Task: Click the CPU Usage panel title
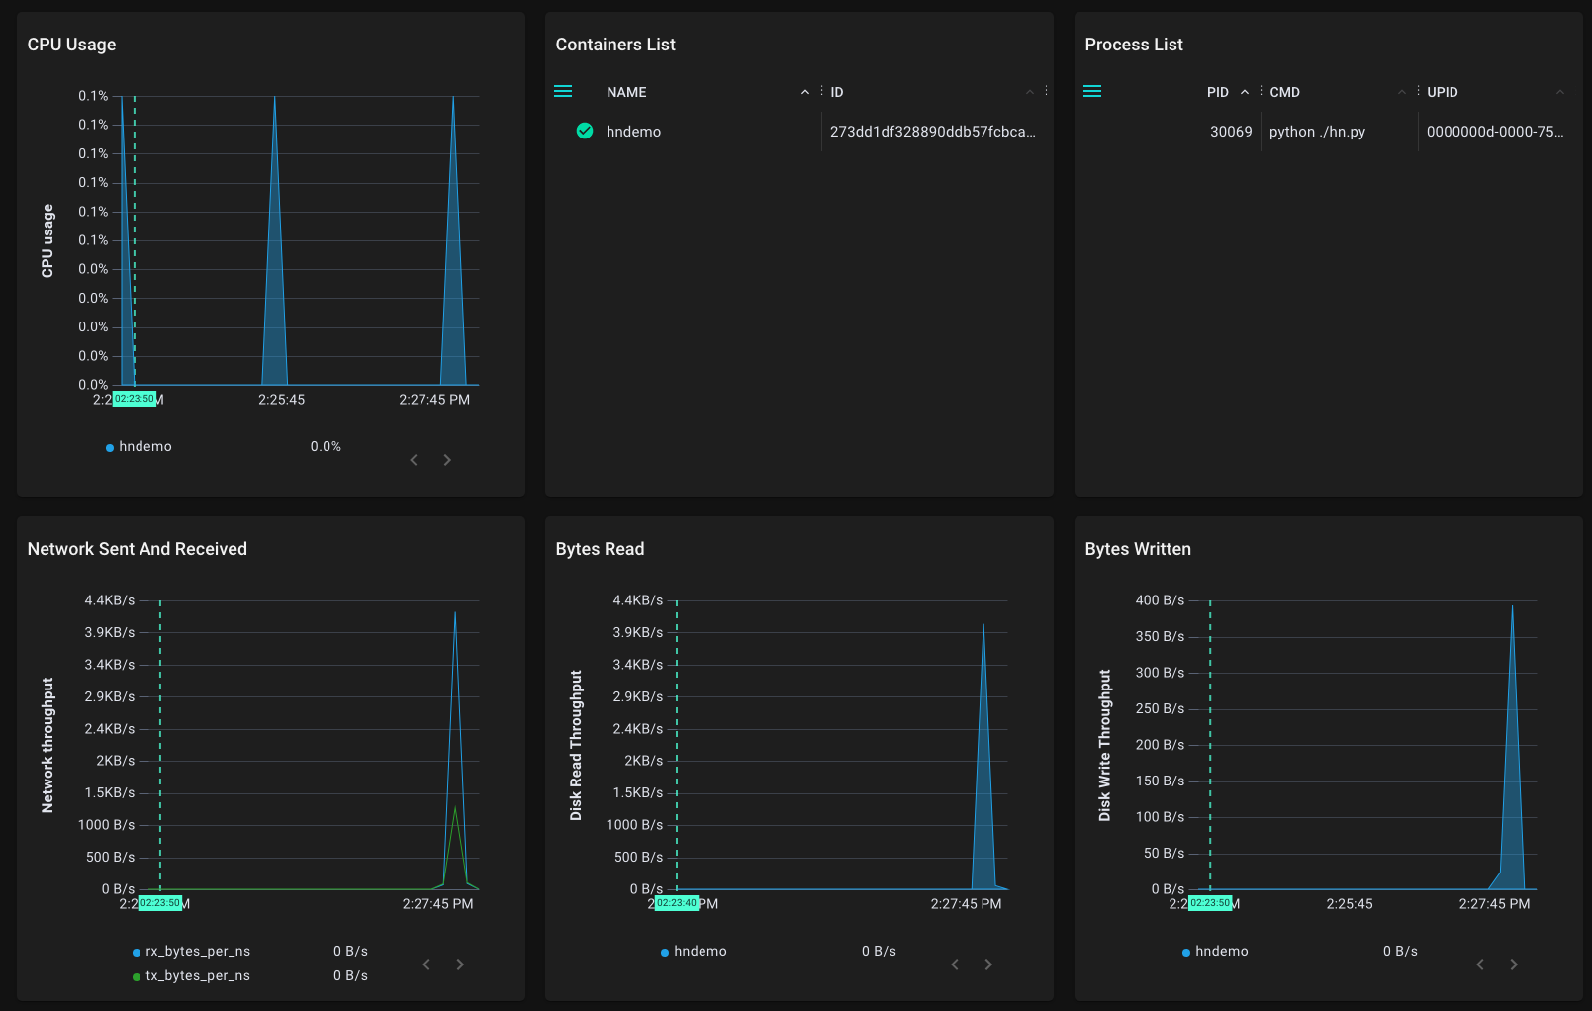click(71, 45)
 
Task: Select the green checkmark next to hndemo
click(585, 131)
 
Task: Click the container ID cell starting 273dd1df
click(932, 132)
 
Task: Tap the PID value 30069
click(1230, 132)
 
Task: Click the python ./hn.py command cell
click(1317, 132)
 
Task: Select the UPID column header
click(1442, 92)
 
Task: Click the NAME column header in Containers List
click(626, 92)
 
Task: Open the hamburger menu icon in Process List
click(1092, 91)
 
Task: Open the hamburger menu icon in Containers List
click(563, 91)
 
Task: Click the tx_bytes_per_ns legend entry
click(198, 975)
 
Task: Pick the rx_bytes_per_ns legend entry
click(198, 951)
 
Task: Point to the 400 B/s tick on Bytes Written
click(1160, 600)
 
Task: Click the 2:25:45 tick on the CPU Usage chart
click(281, 400)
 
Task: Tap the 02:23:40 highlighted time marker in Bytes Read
click(677, 903)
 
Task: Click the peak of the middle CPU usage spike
click(275, 98)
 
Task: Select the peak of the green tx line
click(455, 807)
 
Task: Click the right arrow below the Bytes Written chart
click(1513, 965)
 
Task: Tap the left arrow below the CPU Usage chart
click(414, 460)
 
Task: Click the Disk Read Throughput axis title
click(576, 745)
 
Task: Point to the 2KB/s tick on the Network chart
click(115, 761)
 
